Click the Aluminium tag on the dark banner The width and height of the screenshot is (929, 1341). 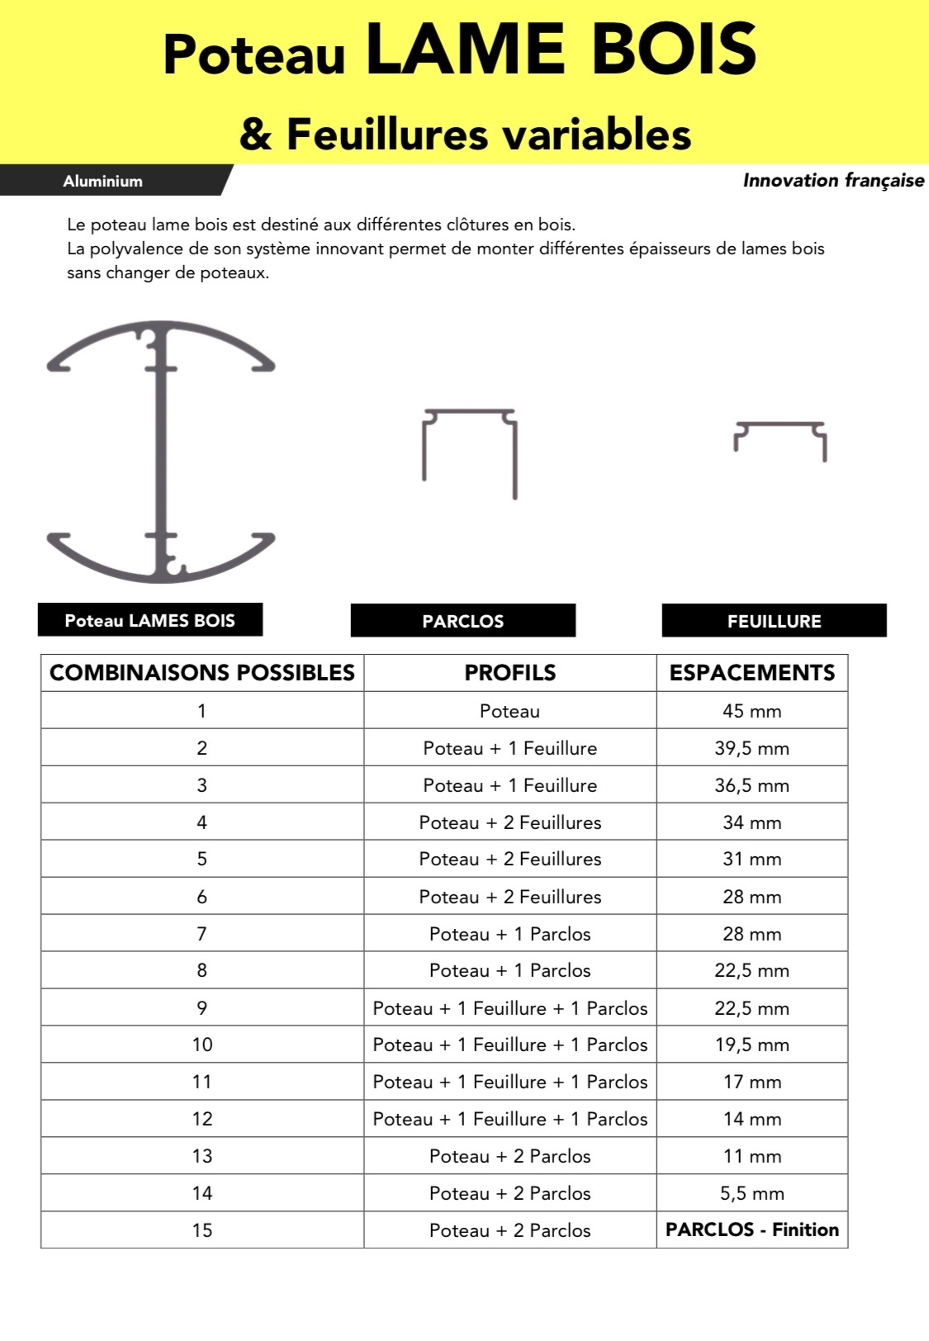pos(102,181)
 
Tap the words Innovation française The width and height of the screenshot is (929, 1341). pos(832,180)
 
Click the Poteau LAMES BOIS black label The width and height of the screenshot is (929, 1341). pos(149,620)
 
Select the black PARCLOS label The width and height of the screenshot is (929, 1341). pos(462,621)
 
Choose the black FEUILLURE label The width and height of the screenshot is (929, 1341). pos(774,621)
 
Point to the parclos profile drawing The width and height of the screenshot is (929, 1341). pos(470,452)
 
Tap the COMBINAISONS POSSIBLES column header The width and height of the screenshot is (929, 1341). pos(202,672)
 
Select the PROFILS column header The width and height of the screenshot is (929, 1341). pos(510,672)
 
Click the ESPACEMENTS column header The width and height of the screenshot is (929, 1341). pos(751,672)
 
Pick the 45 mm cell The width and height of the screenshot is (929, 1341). pos(751,711)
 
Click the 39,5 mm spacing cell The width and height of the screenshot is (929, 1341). pos(751,748)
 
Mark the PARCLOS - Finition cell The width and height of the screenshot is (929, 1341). pos(751,1230)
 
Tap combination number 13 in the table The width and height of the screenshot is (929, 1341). pos(202,1156)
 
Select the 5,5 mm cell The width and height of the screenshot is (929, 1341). pos(751,1193)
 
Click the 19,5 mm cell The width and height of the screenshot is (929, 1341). pos(751,1045)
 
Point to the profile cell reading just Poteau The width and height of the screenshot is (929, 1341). pos(510,711)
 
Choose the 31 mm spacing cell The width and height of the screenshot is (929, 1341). pos(751,859)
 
